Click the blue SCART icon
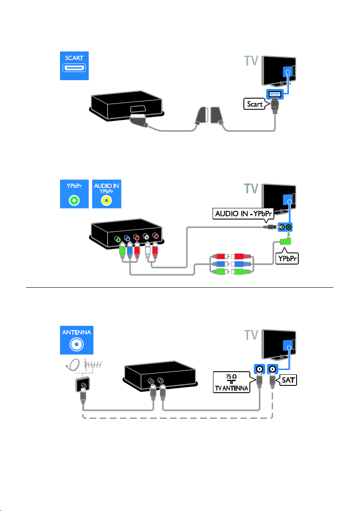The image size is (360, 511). coord(74,66)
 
